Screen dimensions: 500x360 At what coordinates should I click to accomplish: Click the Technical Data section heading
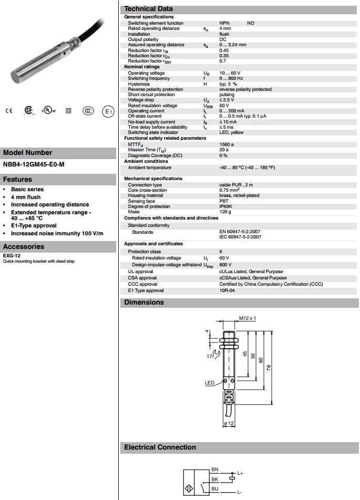[148, 9]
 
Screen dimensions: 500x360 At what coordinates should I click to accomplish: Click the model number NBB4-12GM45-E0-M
[34, 164]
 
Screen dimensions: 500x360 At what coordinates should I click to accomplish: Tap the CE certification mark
[8, 111]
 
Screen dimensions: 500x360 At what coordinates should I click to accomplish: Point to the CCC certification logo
[88, 111]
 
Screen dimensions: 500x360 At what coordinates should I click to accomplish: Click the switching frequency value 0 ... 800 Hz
[232, 79]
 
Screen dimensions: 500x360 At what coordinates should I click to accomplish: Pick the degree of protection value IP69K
[226, 206]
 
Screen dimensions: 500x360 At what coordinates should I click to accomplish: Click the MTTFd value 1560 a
[227, 144]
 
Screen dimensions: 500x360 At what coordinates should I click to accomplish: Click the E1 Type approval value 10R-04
[227, 290]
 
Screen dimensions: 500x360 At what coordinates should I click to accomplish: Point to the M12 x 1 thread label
[247, 318]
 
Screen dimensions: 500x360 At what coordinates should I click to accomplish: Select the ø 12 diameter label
[229, 423]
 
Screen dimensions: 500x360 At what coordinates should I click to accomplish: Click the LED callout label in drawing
[210, 383]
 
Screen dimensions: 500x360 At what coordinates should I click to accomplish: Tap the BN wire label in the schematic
[214, 469]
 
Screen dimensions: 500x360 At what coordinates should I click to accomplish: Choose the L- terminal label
[240, 492]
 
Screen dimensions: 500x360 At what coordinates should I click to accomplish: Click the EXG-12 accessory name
[8, 256]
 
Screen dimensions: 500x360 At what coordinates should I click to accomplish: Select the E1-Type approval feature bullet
[34, 226]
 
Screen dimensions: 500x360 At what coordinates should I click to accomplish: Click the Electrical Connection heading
[160, 447]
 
